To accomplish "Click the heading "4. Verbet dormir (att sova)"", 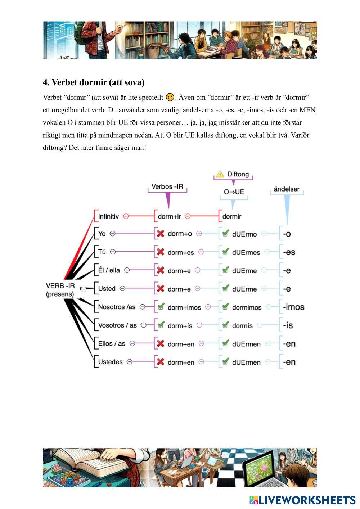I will pyautogui.click(x=94, y=82).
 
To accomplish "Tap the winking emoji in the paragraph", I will pyautogui.click(x=170, y=97).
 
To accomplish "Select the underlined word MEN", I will pyautogui.click(x=307, y=110).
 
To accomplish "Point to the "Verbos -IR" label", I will pyautogui.click(x=167, y=186).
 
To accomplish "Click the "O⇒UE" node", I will pyautogui.click(x=234, y=192).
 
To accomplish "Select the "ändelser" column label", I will pyautogui.click(x=287, y=189).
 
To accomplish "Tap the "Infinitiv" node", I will pyautogui.click(x=108, y=216).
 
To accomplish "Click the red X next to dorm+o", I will pyautogui.click(x=161, y=234).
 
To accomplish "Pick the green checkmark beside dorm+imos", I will pyautogui.click(x=161, y=307).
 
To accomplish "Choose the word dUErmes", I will pyautogui.click(x=246, y=252).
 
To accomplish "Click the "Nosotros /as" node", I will pyautogui.click(x=117, y=307).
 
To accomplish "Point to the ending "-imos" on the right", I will pyautogui.click(x=293, y=307).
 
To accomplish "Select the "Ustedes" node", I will pyautogui.click(x=110, y=362).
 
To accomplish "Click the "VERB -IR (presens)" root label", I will pyautogui.click(x=60, y=290).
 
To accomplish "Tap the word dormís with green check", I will pyautogui.click(x=242, y=325).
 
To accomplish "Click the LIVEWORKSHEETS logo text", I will pyautogui.click(x=307, y=500).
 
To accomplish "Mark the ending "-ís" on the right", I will pyautogui.click(x=288, y=325).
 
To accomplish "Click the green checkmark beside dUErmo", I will pyautogui.click(x=225, y=234).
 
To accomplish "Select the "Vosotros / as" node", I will pyautogui.click(x=117, y=325).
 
